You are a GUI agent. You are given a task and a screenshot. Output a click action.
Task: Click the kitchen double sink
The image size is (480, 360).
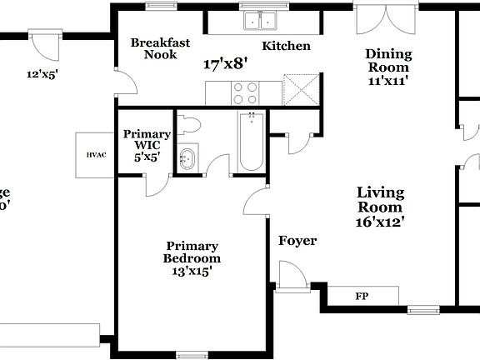(x=260, y=22)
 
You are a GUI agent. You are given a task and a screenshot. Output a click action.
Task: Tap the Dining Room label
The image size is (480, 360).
(x=387, y=61)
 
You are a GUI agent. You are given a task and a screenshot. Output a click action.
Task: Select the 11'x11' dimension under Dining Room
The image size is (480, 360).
(x=387, y=82)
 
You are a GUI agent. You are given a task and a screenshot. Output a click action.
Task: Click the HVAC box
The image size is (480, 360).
(x=96, y=155)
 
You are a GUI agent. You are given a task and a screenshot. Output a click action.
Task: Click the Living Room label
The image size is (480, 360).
(x=380, y=199)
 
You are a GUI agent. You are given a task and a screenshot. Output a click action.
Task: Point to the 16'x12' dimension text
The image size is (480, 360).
(x=380, y=222)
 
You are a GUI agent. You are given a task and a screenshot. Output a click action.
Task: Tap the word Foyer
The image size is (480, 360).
(x=297, y=241)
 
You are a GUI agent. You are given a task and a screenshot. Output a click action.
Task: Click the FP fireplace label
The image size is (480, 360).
(x=362, y=296)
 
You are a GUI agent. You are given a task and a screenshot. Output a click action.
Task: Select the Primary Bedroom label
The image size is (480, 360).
(x=192, y=252)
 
